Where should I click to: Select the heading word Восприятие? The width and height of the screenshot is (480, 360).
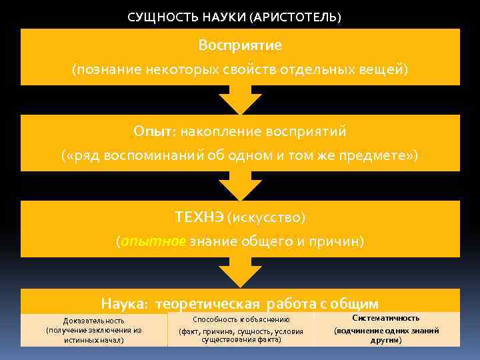pos(240,45)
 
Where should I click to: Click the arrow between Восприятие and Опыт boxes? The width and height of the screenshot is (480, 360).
pos(239,100)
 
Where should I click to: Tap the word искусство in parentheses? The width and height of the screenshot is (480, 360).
pos(266,217)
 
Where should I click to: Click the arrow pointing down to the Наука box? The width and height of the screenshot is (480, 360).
pos(239,273)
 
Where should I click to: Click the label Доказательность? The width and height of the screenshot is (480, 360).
pos(93,321)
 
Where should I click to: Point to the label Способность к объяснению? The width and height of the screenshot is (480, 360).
pos(241,320)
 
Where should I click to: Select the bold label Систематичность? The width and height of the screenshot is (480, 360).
pos(386,318)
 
